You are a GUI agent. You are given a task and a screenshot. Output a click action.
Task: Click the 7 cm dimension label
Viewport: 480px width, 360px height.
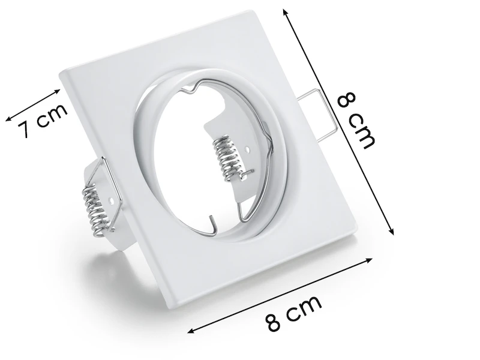[43, 121]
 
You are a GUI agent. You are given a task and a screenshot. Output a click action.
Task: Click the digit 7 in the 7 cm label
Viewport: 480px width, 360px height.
[25, 129]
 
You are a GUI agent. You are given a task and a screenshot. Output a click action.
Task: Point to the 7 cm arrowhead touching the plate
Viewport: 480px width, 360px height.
[57, 92]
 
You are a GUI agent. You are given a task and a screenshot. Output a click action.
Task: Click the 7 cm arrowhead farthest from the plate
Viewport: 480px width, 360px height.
[9, 119]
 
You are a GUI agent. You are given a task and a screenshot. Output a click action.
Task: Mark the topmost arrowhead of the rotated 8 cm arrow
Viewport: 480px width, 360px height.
[286, 13]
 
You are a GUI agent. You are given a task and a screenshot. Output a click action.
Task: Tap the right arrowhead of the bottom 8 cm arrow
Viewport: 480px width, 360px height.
[368, 261]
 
